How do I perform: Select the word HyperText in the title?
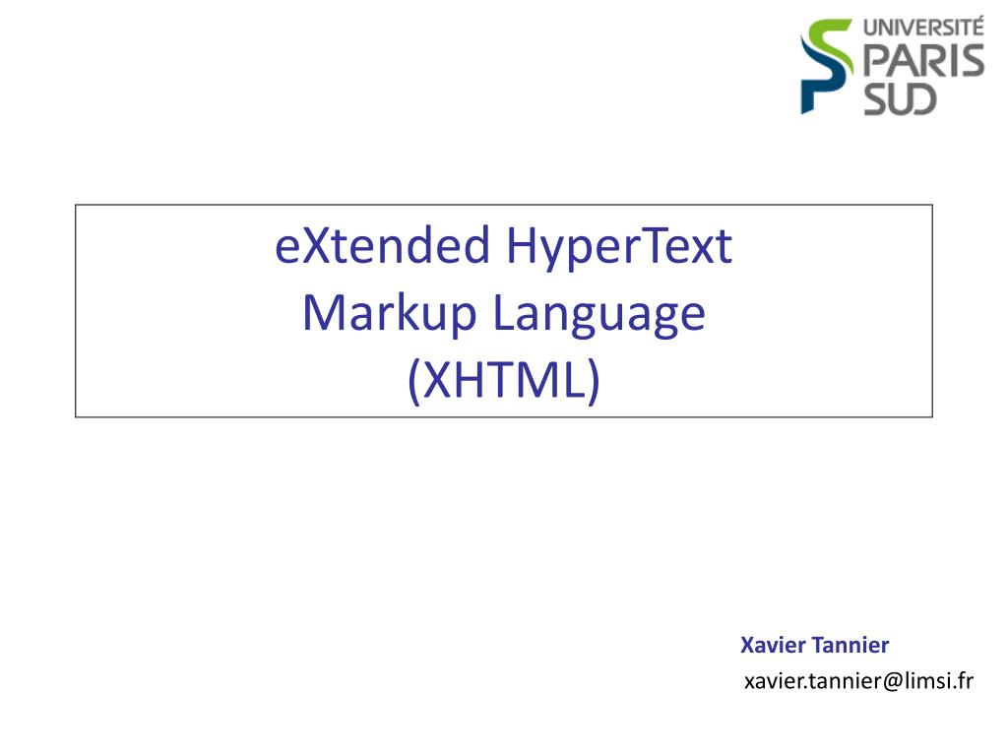coord(620,247)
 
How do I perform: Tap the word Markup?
coord(389,314)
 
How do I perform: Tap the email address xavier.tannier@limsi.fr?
coord(857,680)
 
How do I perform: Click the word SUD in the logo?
coord(901,98)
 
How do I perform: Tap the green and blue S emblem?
coord(827,66)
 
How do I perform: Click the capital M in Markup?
coord(324,314)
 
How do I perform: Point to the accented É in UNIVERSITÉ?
coord(976,27)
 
